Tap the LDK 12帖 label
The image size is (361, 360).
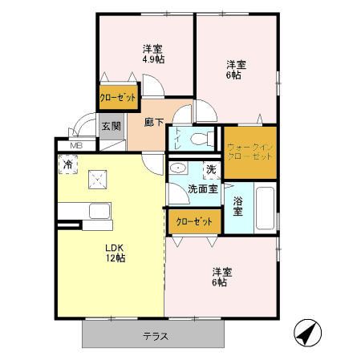coord(115,253)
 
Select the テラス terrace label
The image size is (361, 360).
coord(156,336)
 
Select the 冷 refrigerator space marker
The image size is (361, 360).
coord(69,164)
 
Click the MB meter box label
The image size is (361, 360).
coord(76,145)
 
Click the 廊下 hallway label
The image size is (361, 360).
coord(154,123)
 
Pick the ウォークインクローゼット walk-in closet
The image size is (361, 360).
coord(249,152)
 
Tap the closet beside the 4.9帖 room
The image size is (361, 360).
coord(117,97)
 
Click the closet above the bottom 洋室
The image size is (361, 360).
coord(192,220)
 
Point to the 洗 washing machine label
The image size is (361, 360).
coord(210,170)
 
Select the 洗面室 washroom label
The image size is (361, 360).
coord(203,189)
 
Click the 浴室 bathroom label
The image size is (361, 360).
coord(238,207)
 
